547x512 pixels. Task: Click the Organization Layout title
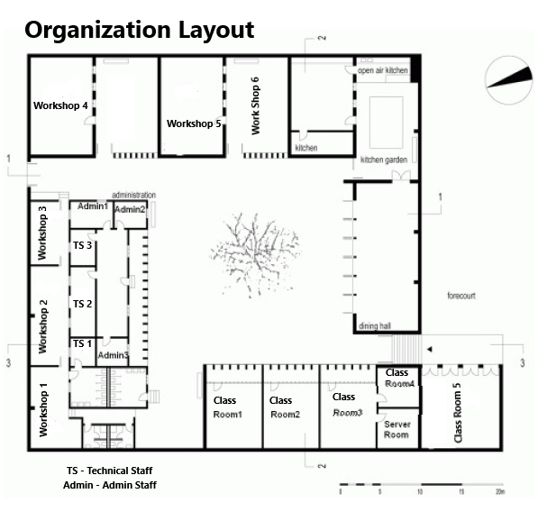click(x=139, y=30)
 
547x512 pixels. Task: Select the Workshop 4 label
click(x=60, y=105)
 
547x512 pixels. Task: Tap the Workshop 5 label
click(x=194, y=123)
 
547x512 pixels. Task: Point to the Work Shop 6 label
click(x=255, y=105)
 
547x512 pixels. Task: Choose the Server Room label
click(x=397, y=429)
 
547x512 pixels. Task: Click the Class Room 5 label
click(x=458, y=414)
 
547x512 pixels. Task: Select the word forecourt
click(x=460, y=296)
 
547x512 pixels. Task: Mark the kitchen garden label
click(x=385, y=160)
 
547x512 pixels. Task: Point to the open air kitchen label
click(x=382, y=69)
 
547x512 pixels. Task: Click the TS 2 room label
click(x=82, y=304)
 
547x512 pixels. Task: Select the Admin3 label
click(x=113, y=355)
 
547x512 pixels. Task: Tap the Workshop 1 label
click(x=43, y=408)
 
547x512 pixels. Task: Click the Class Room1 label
click(x=227, y=407)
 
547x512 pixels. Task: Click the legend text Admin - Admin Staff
click(x=110, y=486)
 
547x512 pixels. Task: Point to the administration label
click(x=133, y=195)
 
